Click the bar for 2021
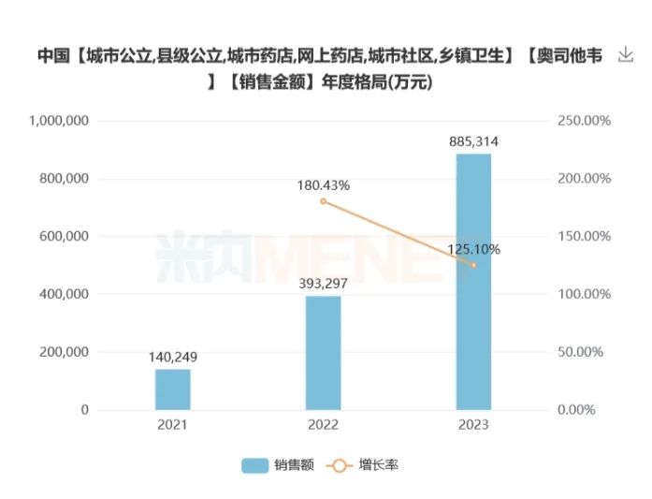click(x=172, y=389)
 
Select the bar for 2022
click(x=323, y=353)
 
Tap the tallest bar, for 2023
click(x=473, y=282)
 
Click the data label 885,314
click(x=473, y=141)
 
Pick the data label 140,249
click(x=172, y=357)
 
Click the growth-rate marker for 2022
click(x=323, y=201)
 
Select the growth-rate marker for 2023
click(x=473, y=266)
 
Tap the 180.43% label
click(x=323, y=185)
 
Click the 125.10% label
click(x=473, y=249)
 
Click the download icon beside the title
click(x=626, y=55)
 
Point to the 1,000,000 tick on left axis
click(x=59, y=121)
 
